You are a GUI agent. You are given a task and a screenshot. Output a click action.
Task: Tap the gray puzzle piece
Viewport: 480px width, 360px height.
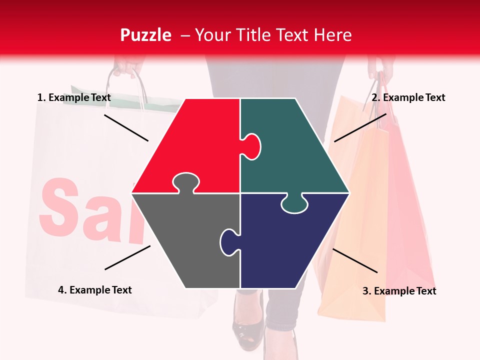coord(185,240)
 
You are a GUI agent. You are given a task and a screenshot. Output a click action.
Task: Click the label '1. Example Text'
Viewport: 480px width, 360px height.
coord(74,97)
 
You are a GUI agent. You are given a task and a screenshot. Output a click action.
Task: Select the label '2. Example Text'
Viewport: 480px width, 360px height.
coord(408,97)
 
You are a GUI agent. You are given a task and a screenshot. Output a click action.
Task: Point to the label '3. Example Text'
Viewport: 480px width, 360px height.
coord(399,291)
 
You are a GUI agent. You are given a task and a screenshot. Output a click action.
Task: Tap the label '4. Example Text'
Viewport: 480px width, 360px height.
coord(95,290)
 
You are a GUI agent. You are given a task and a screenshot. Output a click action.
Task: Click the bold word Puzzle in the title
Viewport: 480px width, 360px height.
coord(145,35)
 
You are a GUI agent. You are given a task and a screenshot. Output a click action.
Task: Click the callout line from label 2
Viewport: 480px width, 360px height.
coord(360,127)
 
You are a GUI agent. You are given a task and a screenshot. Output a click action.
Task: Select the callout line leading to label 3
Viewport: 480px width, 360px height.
coord(355,260)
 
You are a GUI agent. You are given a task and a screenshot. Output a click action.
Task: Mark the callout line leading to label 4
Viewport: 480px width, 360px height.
coord(127,257)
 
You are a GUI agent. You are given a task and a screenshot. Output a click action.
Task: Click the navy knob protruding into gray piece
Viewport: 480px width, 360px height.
coord(228,240)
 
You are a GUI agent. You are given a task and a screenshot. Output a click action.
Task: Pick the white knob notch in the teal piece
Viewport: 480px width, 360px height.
coord(252,146)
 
